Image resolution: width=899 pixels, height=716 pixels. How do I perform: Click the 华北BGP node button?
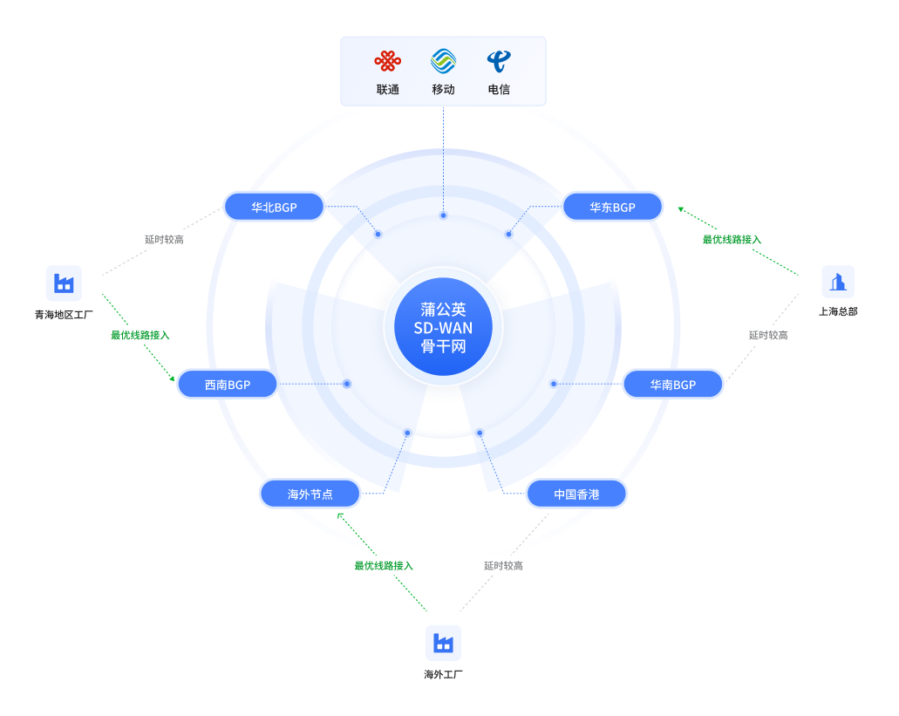(x=274, y=207)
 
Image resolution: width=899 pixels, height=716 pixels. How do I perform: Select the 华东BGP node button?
(x=612, y=207)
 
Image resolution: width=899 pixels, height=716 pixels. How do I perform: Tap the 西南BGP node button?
(x=228, y=384)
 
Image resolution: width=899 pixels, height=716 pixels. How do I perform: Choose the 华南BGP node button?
(x=673, y=384)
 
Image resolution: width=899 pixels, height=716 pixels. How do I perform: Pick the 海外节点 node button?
(x=310, y=494)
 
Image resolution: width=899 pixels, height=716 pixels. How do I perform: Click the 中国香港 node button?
(x=576, y=494)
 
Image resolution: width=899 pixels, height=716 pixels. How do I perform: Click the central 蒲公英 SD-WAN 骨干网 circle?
(x=443, y=327)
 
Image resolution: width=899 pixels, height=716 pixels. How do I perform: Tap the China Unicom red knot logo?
(x=387, y=61)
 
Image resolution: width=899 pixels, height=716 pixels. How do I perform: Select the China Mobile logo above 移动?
(x=443, y=61)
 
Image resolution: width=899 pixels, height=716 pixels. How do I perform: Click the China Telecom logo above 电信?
(x=499, y=61)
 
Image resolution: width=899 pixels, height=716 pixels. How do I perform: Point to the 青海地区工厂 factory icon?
(x=64, y=283)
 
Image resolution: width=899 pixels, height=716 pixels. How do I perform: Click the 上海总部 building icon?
(x=838, y=282)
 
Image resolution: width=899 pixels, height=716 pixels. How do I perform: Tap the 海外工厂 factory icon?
(x=443, y=644)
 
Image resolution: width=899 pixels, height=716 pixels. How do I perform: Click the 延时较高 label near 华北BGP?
(x=164, y=240)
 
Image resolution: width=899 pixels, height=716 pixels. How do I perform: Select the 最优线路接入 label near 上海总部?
(x=732, y=240)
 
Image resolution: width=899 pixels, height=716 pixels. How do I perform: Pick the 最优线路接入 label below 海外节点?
(x=384, y=566)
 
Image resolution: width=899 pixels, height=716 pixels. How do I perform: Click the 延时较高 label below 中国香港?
(x=503, y=566)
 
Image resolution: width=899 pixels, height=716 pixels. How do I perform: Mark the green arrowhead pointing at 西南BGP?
(x=172, y=378)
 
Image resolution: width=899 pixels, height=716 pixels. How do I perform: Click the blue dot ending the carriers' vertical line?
(x=443, y=215)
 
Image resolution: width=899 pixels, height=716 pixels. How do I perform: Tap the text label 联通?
(x=387, y=90)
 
